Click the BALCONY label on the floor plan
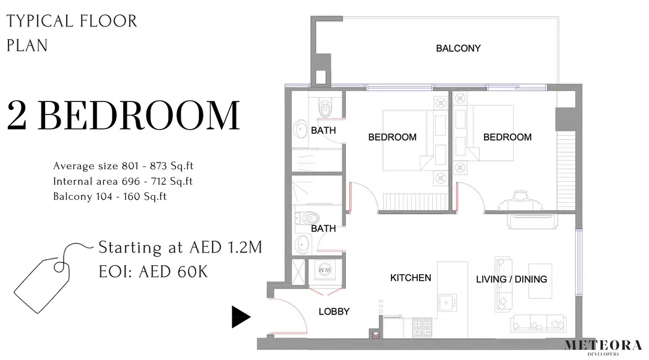point(458,49)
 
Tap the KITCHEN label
point(411,278)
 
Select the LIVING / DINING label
point(512,280)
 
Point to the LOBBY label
point(334,311)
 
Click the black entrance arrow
point(241,317)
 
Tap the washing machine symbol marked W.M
point(325,271)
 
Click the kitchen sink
point(447,302)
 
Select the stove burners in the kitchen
point(422,327)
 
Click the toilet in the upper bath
point(326,107)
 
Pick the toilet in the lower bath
point(307,218)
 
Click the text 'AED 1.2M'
point(226,247)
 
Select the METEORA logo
point(603,346)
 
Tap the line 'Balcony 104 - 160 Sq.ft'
point(110,197)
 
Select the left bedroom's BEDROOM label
point(393,137)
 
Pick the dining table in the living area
point(540,281)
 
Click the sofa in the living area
point(539,323)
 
